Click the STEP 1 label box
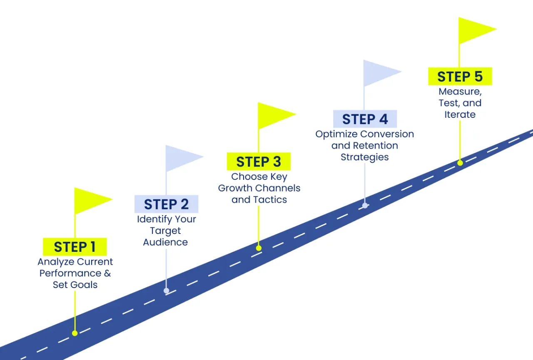coord(75,247)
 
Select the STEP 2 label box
coord(166,204)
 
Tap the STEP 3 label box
coord(259,161)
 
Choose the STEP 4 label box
coord(365,119)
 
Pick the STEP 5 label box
coord(460,77)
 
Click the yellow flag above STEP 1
coord(91,200)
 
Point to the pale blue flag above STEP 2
coord(182,158)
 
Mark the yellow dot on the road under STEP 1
coord(75,333)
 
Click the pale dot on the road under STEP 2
coord(166,290)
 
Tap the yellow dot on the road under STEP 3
coord(259,248)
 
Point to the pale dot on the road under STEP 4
coord(365,205)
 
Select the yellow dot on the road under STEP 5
coord(460,163)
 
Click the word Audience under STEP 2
coord(165,242)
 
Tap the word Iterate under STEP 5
coord(460,114)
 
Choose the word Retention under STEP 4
coord(375,146)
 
